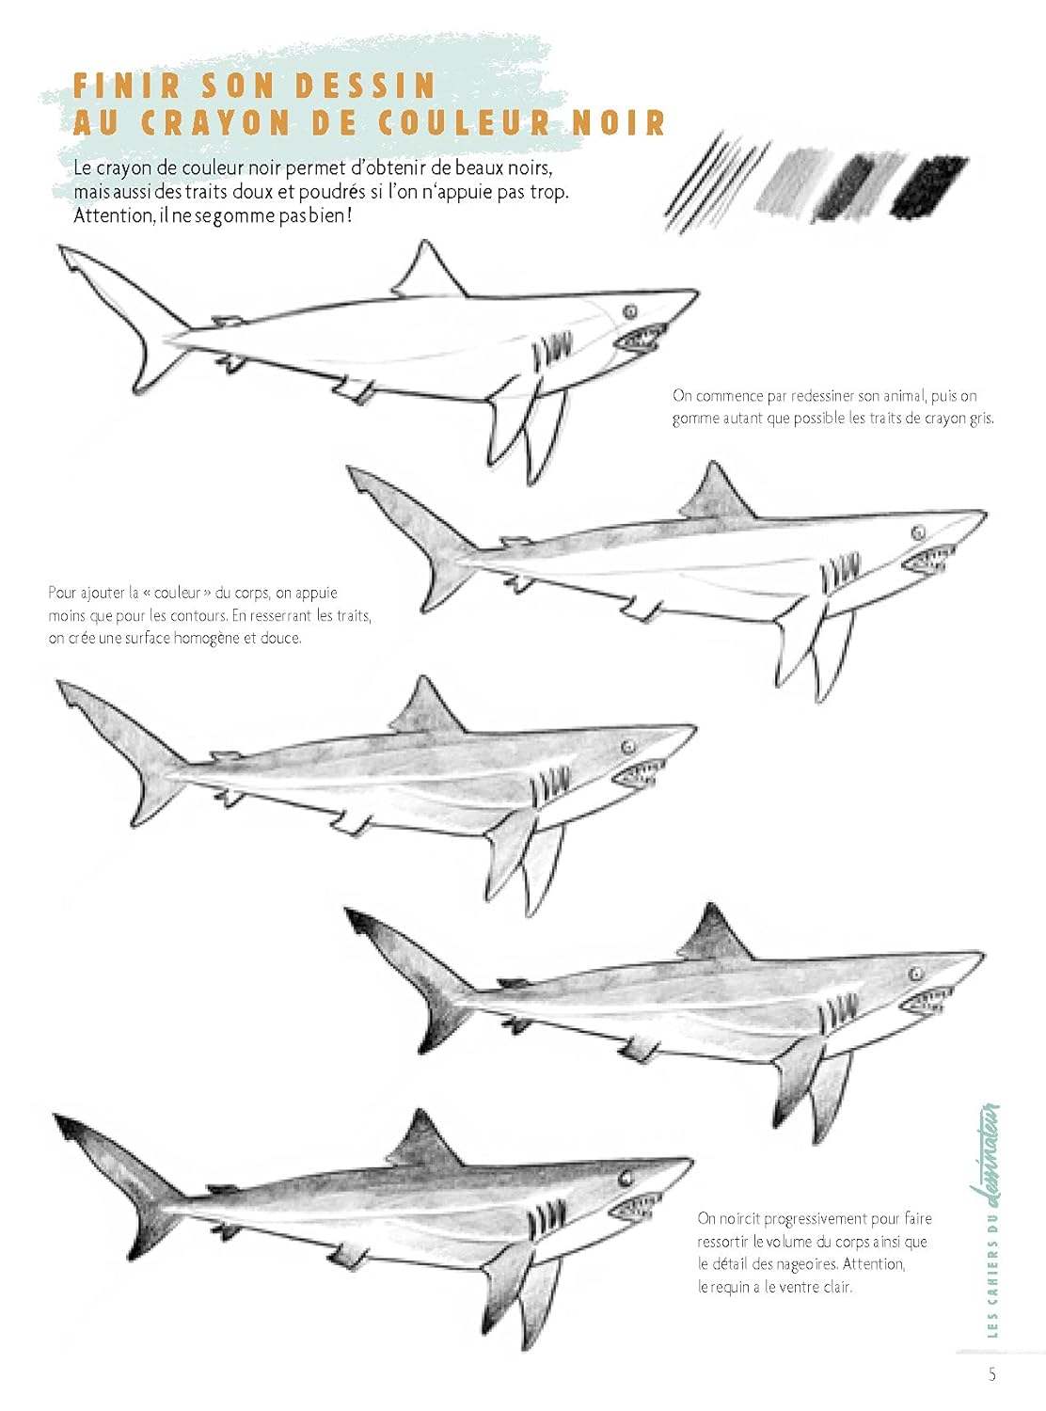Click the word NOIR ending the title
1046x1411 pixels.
coord(618,123)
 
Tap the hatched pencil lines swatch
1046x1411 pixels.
coord(715,182)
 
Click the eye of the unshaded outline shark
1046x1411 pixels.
coord(630,311)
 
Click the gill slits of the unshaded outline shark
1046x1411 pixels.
coord(552,350)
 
